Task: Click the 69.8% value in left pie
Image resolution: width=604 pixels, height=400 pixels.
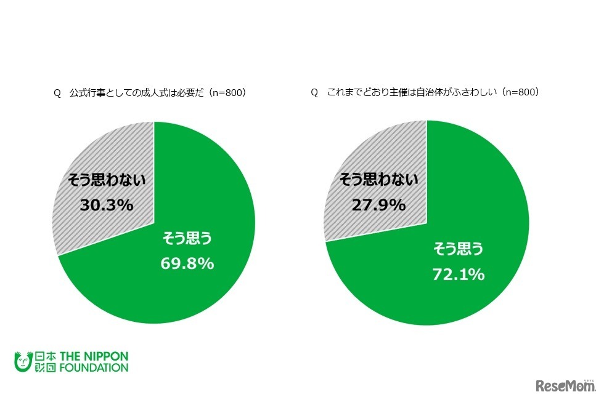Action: [x=187, y=263]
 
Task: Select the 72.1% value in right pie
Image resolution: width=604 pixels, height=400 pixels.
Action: [x=457, y=274]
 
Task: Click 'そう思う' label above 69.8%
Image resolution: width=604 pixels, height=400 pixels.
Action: [x=187, y=238]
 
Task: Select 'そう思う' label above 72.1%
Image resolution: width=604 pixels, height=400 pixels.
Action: [x=457, y=249]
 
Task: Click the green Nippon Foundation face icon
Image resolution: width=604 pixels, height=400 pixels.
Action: [x=22, y=362]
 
